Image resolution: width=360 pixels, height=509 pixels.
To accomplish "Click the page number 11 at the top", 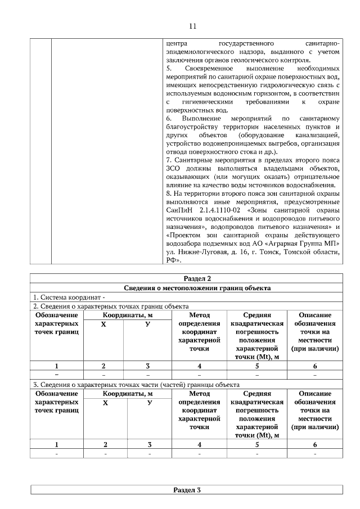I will [192, 26].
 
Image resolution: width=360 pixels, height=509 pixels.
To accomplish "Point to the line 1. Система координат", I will [67, 297].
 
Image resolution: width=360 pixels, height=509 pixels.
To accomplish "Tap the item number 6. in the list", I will [169, 119].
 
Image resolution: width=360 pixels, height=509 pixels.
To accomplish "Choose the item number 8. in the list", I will [169, 193].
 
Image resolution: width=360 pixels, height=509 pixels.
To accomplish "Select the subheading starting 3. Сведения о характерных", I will [136, 384].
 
